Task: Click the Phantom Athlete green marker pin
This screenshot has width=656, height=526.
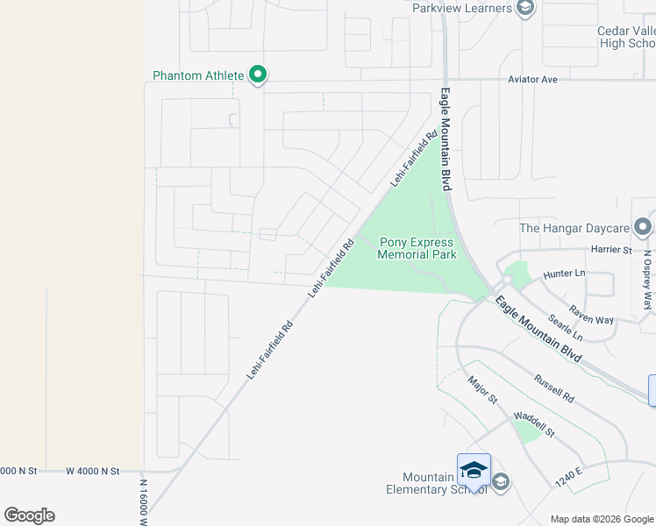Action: [258, 76]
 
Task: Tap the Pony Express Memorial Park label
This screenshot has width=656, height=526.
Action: [417, 249]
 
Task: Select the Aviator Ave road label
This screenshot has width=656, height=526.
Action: [533, 80]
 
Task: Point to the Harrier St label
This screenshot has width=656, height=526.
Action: [612, 251]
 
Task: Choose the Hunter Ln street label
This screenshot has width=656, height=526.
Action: [564, 274]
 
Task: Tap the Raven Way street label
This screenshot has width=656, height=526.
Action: [591, 316]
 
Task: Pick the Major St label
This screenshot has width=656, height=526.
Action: [483, 391]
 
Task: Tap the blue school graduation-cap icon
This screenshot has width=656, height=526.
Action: [474, 470]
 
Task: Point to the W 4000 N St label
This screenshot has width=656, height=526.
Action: [92, 471]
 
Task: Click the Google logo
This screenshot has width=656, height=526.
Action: [29, 515]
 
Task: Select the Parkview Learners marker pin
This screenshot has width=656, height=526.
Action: [525, 9]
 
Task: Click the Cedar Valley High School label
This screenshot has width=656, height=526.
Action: [626, 37]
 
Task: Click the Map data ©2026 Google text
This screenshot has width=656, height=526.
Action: [602, 519]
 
